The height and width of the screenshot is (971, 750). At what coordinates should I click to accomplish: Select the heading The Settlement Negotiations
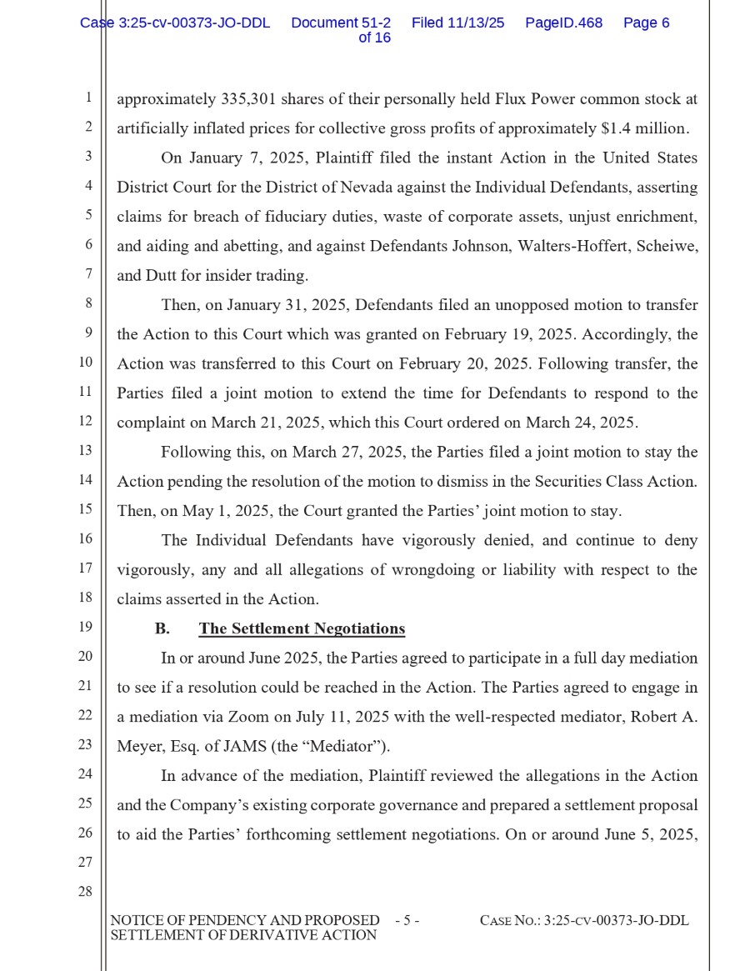[x=302, y=628]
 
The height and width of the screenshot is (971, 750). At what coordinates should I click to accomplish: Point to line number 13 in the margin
[x=85, y=450]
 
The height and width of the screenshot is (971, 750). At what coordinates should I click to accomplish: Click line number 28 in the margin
[x=85, y=891]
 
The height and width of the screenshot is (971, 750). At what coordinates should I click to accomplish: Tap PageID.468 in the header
[x=563, y=23]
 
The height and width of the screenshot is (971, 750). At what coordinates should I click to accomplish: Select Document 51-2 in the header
[x=341, y=23]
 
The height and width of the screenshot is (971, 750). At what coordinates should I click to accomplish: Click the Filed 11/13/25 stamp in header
[x=457, y=23]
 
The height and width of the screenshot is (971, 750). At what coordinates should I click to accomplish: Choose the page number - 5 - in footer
[x=407, y=921]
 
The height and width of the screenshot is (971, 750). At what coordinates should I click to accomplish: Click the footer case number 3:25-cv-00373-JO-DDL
[x=616, y=921]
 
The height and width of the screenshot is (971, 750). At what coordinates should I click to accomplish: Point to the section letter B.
[x=162, y=628]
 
